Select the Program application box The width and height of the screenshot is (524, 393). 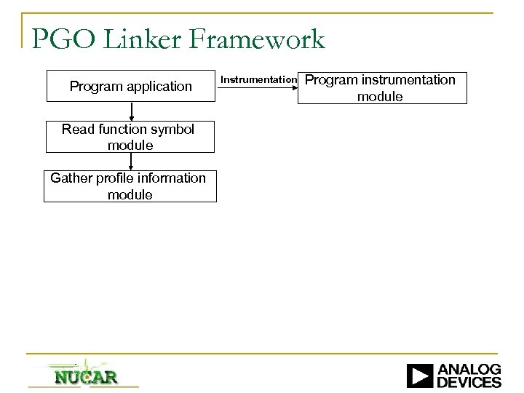(131, 87)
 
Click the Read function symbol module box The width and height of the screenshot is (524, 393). (131, 137)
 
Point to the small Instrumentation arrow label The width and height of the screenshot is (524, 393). (258, 79)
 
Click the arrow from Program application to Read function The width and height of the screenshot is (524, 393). (132, 111)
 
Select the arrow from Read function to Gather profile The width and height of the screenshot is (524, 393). (132, 161)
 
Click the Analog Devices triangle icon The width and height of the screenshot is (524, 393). (420, 376)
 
